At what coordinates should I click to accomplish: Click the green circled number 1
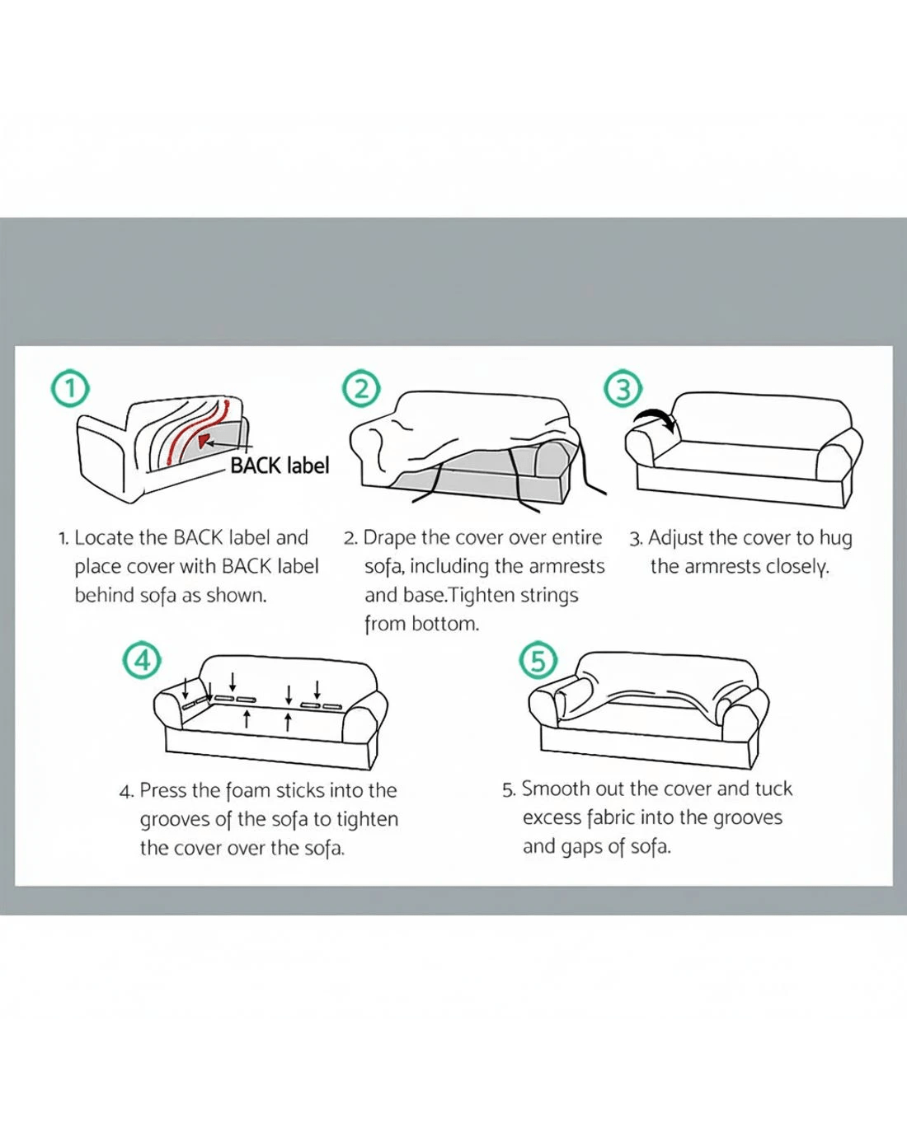[70, 389]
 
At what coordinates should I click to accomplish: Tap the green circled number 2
[361, 389]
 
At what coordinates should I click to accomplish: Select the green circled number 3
[623, 389]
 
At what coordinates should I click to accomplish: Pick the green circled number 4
[143, 660]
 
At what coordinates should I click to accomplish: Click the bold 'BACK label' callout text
[280, 466]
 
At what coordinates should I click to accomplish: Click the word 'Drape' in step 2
[389, 538]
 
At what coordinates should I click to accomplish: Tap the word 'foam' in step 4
[247, 791]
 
